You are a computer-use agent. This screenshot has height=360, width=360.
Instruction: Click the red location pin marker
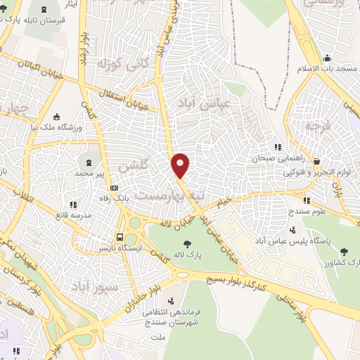coord(181,165)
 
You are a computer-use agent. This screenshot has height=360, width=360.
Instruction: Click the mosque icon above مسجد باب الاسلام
coord(327,58)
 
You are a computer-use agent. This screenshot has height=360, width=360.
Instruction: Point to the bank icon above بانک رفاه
coord(113,188)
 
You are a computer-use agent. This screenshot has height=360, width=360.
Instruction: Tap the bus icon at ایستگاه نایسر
coord(120,237)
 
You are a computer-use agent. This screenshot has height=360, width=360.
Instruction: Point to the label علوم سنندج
coord(309,210)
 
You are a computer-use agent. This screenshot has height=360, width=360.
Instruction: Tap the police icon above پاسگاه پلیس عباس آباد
coord(293,229)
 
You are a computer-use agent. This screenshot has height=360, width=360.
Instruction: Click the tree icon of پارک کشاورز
coord(343,251)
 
